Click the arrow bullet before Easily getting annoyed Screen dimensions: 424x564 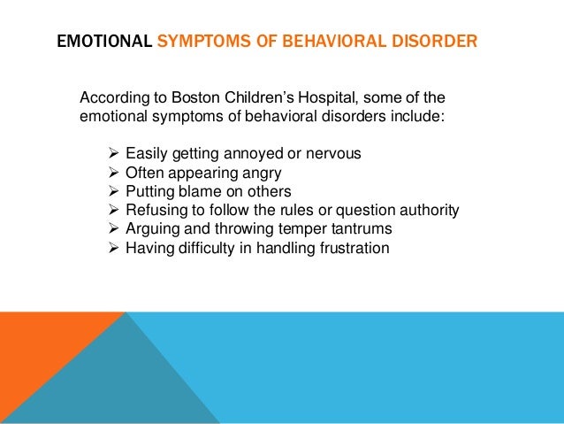[x=113, y=153]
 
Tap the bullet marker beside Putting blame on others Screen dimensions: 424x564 [x=113, y=191]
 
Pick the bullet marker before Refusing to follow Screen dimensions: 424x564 [x=113, y=210]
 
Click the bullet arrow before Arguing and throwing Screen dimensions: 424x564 [x=113, y=229]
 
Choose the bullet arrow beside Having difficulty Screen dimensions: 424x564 [x=113, y=249]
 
